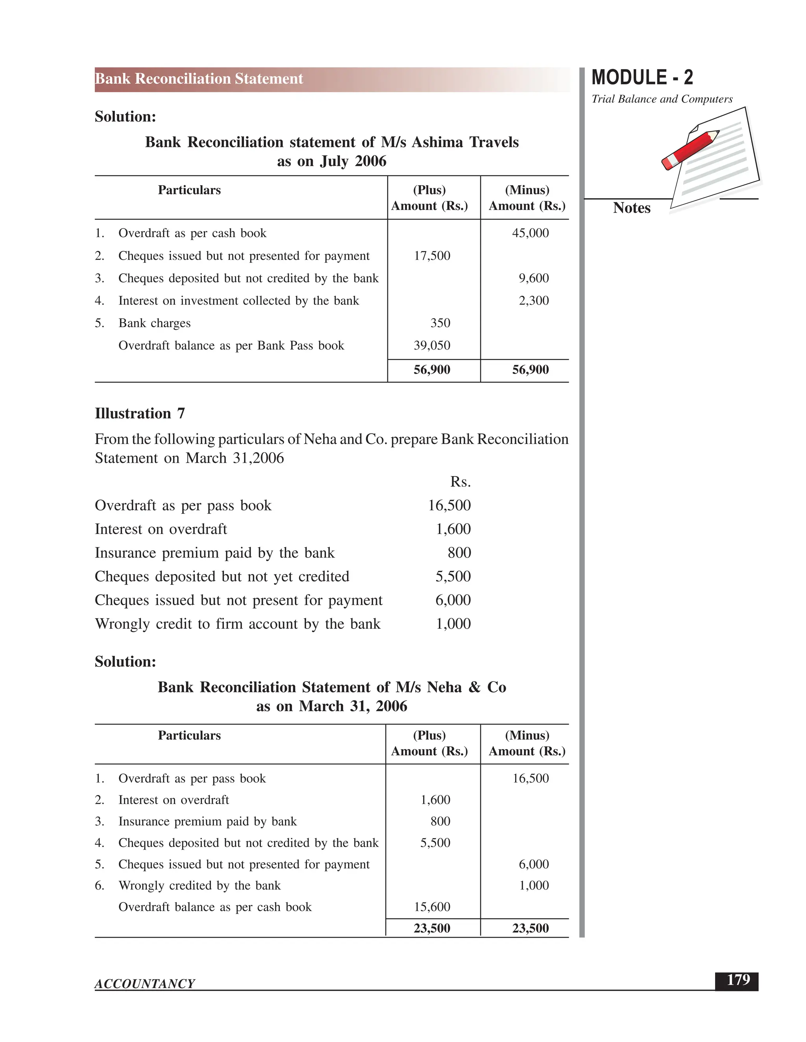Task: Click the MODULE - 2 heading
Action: click(642, 77)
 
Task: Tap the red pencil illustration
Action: click(690, 150)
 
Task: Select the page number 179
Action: click(738, 980)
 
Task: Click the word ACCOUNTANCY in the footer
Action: click(145, 984)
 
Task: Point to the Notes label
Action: click(631, 208)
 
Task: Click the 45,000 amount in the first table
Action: click(530, 233)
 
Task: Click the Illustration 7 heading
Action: click(139, 413)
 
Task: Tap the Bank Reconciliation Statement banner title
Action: click(199, 79)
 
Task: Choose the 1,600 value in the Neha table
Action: click(435, 800)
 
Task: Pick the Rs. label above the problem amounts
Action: click(460, 482)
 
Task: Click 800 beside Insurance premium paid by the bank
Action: click(459, 552)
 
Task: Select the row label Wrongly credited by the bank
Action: click(199, 886)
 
